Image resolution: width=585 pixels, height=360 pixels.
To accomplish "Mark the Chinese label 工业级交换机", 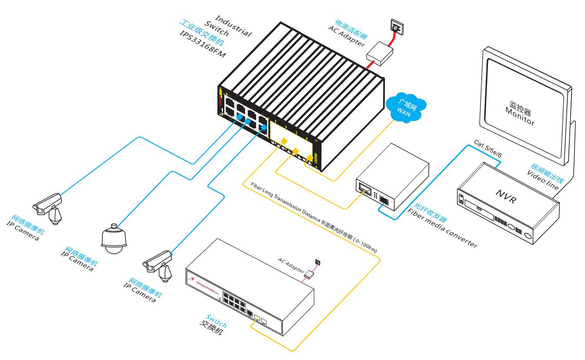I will point(199,33).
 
